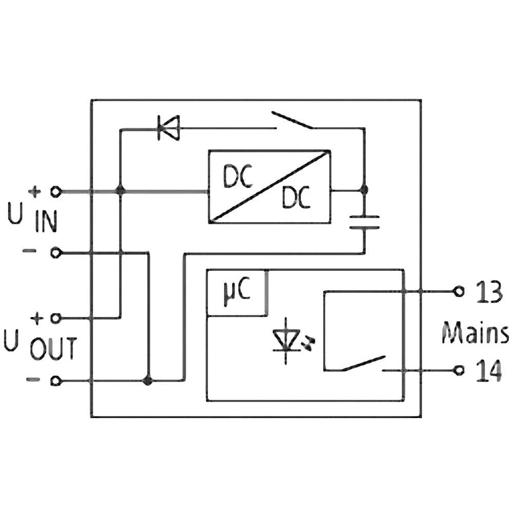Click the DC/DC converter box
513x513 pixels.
click(x=269, y=186)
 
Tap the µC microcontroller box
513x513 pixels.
click(x=236, y=293)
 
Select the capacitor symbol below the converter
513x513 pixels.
click(x=364, y=222)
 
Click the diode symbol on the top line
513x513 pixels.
click(x=168, y=128)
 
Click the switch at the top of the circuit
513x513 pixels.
click(x=292, y=121)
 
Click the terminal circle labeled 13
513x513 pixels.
click(x=460, y=291)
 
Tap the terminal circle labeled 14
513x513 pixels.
click(x=460, y=369)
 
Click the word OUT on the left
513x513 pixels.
click(x=53, y=349)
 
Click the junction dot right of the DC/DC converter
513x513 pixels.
click(x=364, y=190)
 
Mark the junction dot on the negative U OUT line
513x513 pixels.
click(x=148, y=381)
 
